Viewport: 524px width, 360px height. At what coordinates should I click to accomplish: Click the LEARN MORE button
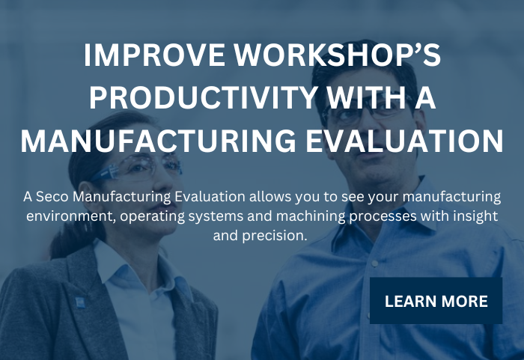pos(436,301)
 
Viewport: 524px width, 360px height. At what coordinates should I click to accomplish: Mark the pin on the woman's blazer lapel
pos(79,302)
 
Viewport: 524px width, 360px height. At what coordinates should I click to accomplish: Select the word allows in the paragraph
pos(229,197)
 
